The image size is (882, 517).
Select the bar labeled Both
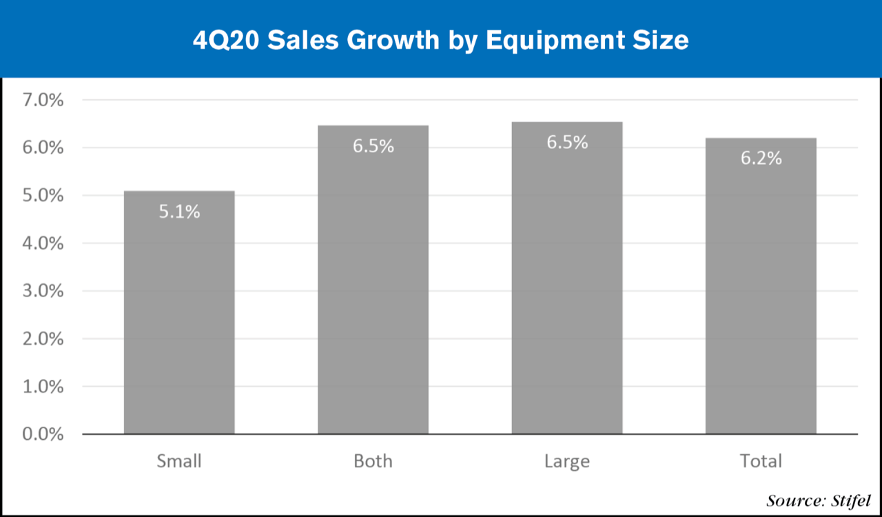pyautogui.click(x=373, y=290)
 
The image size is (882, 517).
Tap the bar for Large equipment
pyautogui.click(x=566, y=290)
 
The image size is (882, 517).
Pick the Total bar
pyautogui.click(x=761, y=296)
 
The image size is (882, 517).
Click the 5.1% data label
pyautogui.click(x=179, y=212)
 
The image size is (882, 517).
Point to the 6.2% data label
pyautogui.click(x=761, y=158)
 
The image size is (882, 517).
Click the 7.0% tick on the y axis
pyautogui.click(x=43, y=101)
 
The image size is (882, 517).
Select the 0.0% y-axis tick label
pyautogui.click(x=43, y=434)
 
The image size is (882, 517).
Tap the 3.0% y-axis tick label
pyautogui.click(x=43, y=291)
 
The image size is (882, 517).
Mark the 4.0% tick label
pyautogui.click(x=43, y=243)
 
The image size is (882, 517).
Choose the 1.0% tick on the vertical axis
pyautogui.click(x=43, y=387)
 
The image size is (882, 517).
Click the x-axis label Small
pyautogui.click(x=179, y=460)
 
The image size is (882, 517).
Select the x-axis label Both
pyautogui.click(x=373, y=460)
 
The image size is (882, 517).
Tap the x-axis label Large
pyautogui.click(x=566, y=460)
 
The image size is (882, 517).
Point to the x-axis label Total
pyautogui.click(x=761, y=460)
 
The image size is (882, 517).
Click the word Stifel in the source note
pyautogui.click(x=852, y=500)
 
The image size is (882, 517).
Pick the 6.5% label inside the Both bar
pyautogui.click(x=373, y=146)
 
